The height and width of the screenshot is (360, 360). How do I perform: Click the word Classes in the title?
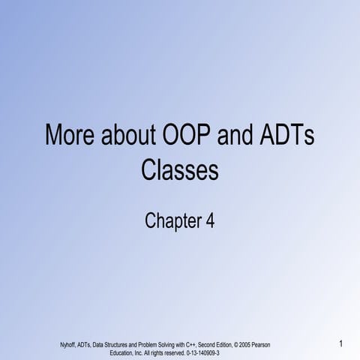coord(180,172)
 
